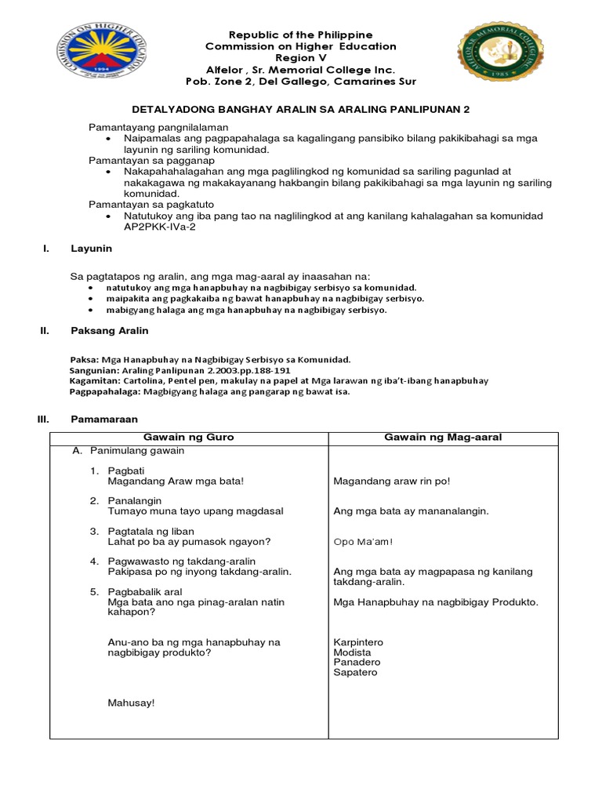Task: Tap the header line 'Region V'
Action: (x=301, y=58)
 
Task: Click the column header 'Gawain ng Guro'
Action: (x=189, y=437)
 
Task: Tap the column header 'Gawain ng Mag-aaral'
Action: (x=443, y=437)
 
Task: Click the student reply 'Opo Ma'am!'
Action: (x=363, y=541)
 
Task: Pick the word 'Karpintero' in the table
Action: (x=358, y=641)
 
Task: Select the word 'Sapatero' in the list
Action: (x=355, y=672)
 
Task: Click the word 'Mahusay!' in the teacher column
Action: (x=131, y=703)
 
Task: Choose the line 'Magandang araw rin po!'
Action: (x=392, y=481)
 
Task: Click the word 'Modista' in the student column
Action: (x=352, y=652)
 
